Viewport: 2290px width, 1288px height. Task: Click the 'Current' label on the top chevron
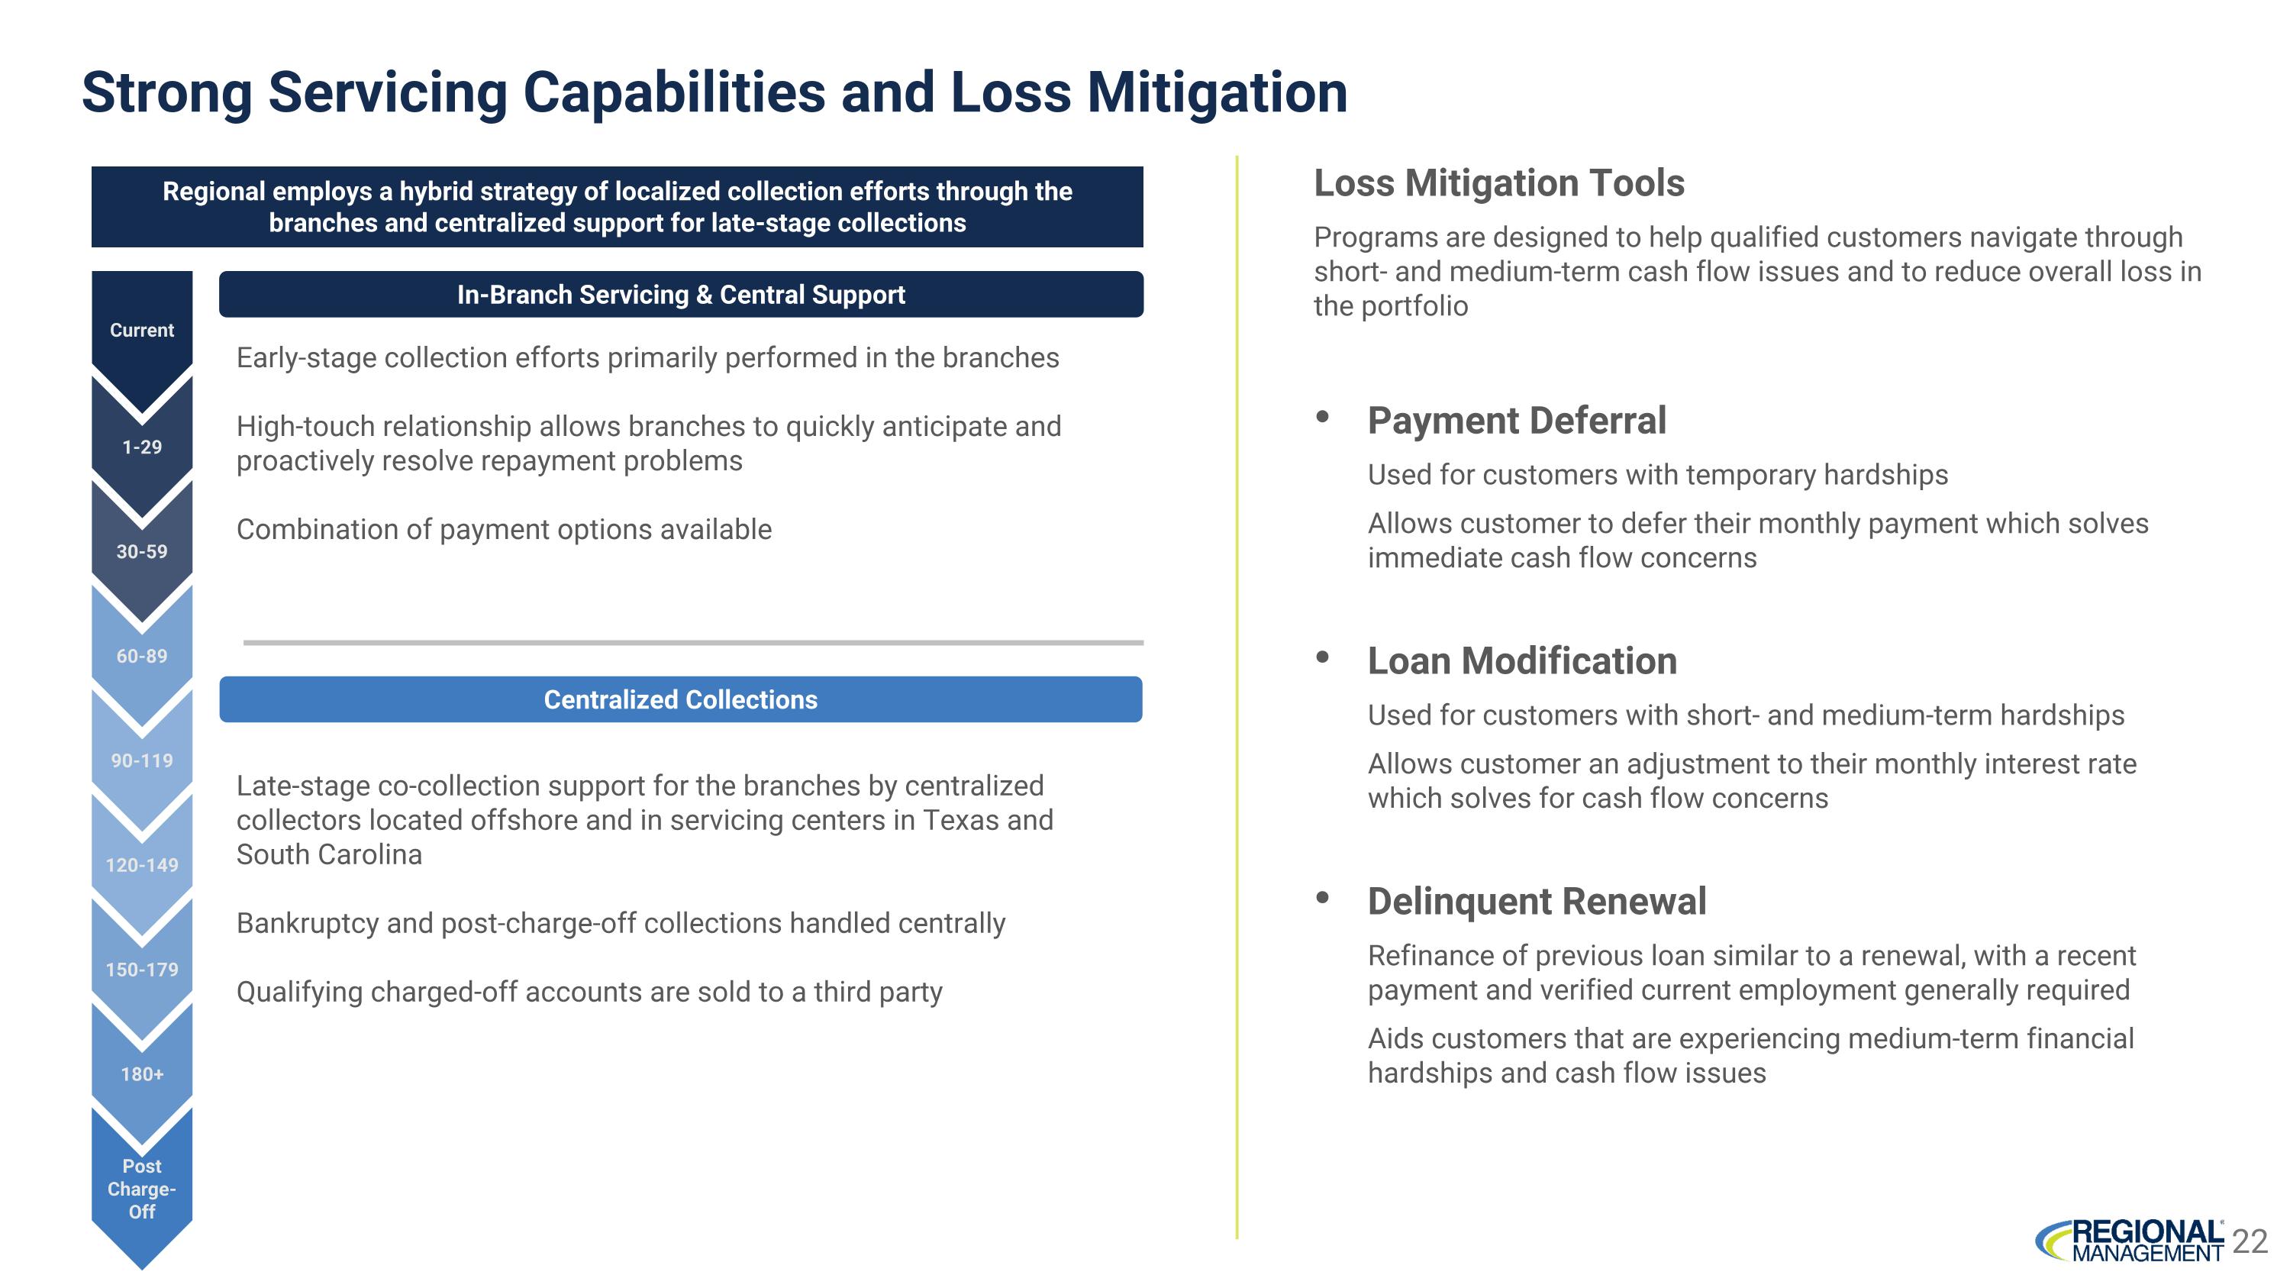click(141, 330)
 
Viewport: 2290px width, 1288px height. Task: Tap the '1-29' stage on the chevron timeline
click(141, 447)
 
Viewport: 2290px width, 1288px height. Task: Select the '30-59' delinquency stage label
click(141, 552)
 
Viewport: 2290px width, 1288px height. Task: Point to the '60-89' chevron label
click(141, 656)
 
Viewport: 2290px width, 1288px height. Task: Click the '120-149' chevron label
click(141, 865)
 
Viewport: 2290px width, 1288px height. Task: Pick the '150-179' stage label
click(141, 970)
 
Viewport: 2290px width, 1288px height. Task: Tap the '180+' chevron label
click(141, 1073)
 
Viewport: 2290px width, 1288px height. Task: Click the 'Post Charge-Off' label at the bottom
click(141, 1189)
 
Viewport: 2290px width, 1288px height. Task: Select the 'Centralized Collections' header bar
click(680, 699)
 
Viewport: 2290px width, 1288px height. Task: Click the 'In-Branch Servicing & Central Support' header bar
click(680, 294)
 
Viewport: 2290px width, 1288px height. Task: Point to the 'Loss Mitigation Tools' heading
click(1499, 183)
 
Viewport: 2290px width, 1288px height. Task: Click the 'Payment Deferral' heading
click(1517, 421)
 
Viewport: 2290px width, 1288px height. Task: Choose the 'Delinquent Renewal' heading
click(1536, 902)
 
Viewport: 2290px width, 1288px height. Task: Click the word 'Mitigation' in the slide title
click(1217, 92)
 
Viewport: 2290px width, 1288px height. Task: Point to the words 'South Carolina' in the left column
click(329, 854)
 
